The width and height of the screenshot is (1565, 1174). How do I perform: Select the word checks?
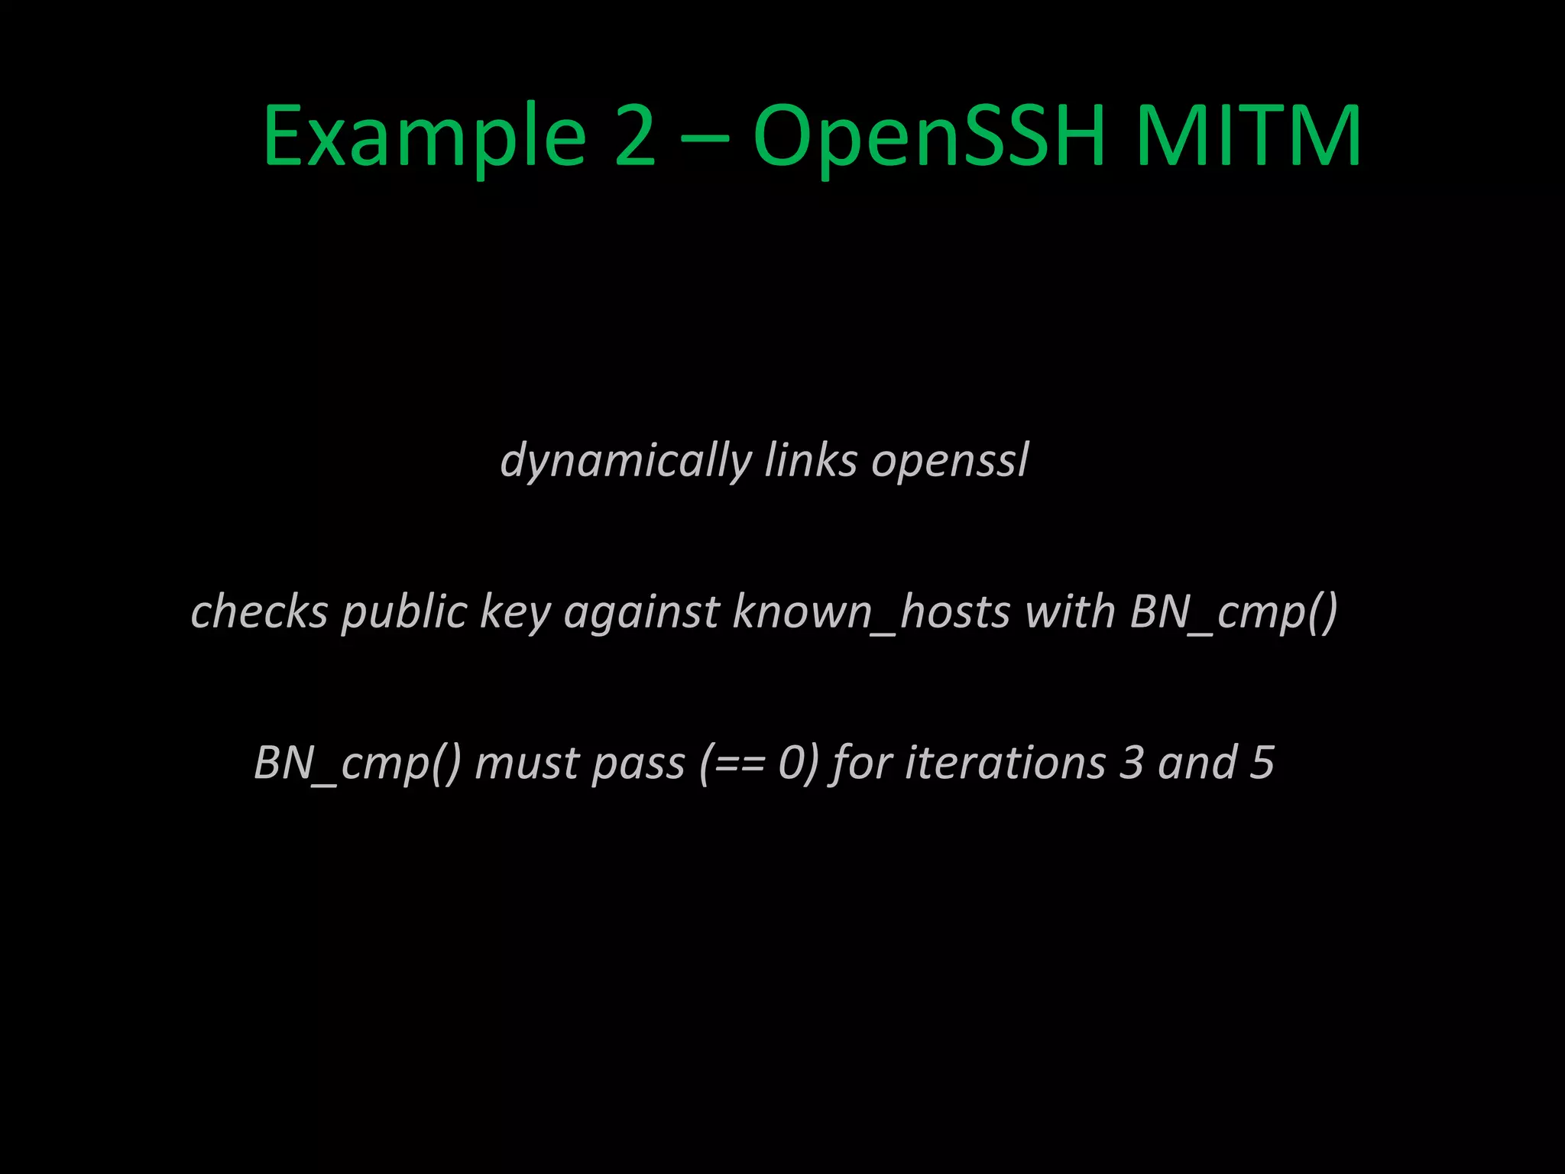[x=260, y=611]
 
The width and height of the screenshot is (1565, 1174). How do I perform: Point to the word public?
[x=404, y=613]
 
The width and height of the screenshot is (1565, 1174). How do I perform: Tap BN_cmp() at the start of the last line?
[x=357, y=764]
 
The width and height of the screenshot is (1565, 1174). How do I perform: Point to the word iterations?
[x=1006, y=764]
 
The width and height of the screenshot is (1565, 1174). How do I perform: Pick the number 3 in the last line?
[x=1132, y=764]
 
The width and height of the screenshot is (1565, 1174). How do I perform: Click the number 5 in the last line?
[x=1262, y=764]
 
